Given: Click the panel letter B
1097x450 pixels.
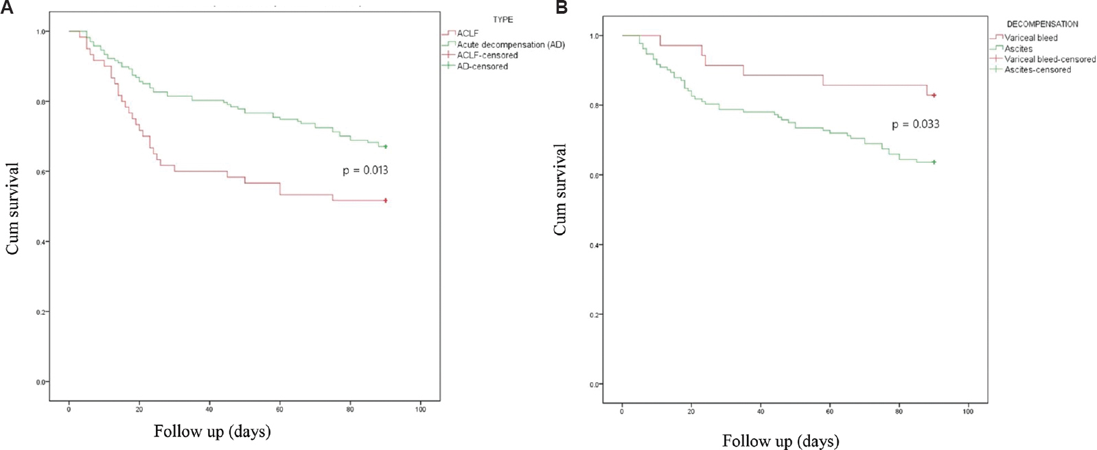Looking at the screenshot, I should click(562, 8).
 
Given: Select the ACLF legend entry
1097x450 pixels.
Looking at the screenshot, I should click(468, 33).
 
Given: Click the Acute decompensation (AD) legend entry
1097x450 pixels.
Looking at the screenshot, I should click(510, 44).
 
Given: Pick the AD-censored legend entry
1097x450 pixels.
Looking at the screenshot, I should click(482, 66).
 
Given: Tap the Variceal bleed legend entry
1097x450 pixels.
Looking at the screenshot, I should click(1030, 38).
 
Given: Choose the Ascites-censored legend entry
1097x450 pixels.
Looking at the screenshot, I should click(1037, 69).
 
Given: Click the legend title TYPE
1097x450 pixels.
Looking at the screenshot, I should click(503, 19).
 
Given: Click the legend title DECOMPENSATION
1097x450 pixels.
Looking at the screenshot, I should click(1042, 24).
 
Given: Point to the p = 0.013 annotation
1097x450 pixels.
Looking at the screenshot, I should click(365, 170).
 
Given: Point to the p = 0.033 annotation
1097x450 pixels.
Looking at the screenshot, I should click(915, 124).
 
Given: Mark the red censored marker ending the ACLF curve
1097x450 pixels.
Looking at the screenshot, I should click(386, 200).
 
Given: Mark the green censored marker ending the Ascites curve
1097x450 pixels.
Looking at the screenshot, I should click(934, 162).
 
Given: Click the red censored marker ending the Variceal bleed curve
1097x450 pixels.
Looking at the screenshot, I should click(934, 95).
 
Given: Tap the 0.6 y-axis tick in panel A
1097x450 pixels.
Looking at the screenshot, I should click(41, 171).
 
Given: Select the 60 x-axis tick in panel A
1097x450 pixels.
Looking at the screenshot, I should click(279, 409).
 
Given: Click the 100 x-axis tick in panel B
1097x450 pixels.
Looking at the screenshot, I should click(968, 412).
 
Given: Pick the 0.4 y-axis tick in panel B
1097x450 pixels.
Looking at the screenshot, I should click(594, 245).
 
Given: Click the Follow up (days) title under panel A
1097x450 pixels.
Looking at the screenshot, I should click(212, 431).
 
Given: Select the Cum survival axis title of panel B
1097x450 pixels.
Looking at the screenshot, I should click(561, 190).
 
